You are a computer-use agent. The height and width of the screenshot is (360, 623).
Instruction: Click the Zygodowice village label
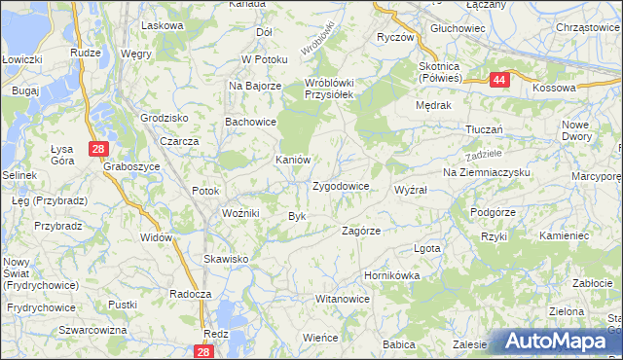[340, 185]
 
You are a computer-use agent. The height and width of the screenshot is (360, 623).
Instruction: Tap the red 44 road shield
[498, 81]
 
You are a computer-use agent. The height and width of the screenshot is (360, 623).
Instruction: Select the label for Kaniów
[293, 160]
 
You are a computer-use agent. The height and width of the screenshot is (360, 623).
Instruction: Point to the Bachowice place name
[251, 123]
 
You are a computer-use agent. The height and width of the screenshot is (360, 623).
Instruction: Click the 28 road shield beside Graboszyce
[97, 149]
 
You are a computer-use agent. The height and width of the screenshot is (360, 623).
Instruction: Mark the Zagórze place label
[360, 231]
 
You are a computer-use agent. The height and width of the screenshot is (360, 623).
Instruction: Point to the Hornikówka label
[391, 275]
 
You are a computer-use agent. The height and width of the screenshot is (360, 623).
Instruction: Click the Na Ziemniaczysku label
[486, 172]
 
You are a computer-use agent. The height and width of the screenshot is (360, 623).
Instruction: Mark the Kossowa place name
[555, 88]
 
